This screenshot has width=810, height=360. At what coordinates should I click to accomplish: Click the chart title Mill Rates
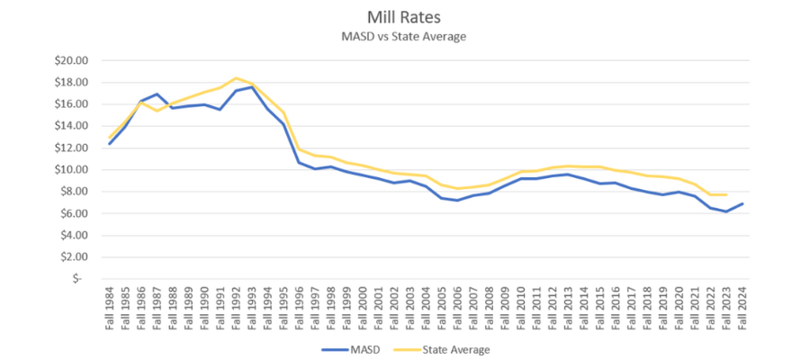point(404,17)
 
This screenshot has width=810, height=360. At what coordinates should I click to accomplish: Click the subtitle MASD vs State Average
point(404,36)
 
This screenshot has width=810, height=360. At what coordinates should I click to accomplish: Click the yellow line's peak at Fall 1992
point(236,77)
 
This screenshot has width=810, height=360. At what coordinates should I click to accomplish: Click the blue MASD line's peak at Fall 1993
point(252,86)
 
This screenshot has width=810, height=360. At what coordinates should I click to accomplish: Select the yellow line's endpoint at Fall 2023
point(725,194)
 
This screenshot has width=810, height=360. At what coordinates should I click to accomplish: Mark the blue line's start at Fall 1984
point(110,143)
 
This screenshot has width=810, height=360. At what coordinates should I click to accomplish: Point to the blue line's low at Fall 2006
point(457,200)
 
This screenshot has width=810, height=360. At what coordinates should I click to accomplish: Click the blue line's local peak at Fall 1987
point(157,94)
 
